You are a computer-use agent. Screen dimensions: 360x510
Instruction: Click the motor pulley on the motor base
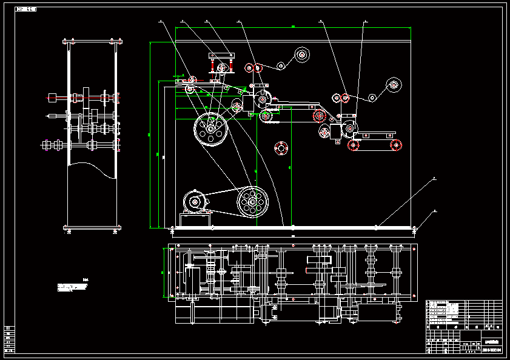tap(195, 202)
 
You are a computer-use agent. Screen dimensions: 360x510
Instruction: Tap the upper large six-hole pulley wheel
tap(210, 128)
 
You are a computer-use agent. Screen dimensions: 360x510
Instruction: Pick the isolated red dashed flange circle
tap(280, 147)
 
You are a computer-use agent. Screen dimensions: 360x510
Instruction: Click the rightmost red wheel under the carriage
tap(395, 144)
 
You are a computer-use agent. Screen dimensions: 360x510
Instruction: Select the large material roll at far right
tap(394, 84)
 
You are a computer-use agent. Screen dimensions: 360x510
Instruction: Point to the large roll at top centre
tap(302, 56)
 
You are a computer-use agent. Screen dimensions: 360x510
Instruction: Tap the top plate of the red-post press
tap(220, 56)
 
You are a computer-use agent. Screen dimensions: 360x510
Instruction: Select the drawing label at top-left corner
tap(25, 10)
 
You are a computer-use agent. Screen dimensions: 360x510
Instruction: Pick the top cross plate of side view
tap(93, 42)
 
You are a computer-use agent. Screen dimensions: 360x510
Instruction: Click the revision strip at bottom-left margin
tap(10, 340)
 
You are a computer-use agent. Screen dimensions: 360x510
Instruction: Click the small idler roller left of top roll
tap(280, 65)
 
